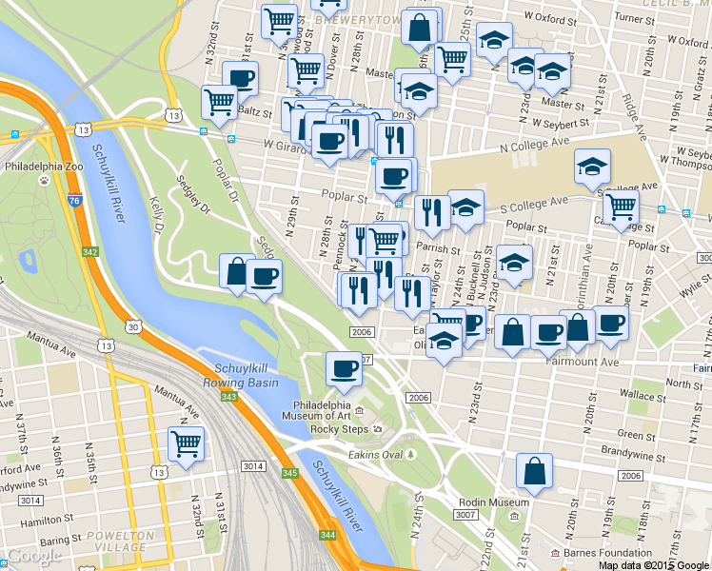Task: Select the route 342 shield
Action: click(x=89, y=251)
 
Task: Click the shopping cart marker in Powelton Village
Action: click(x=186, y=443)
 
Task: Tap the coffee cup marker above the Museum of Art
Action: click(x=344, y=367)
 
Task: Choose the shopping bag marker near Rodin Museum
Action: click(x=534, y=469)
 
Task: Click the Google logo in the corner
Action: click(x=34, y=556)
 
